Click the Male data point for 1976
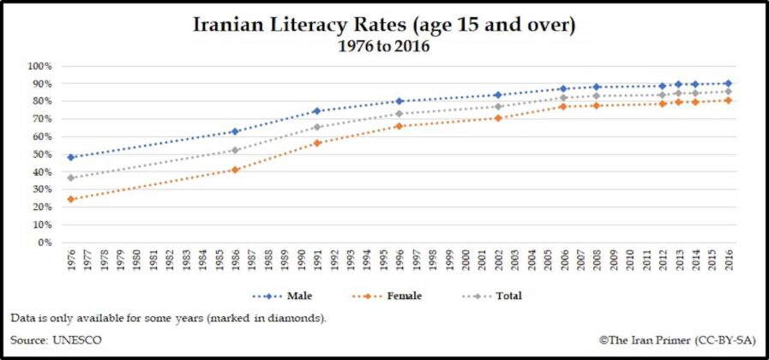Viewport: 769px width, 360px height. click(x=71, y=157)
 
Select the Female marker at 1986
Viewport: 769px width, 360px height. click(x=235, y=170)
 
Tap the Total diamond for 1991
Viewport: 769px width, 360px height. click(x=317, y=127)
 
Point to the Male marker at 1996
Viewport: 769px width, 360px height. click(x=400, y=101)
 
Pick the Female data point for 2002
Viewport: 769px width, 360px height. click(x=498, y=117)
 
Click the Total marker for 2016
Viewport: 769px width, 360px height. click(x=728, y=91)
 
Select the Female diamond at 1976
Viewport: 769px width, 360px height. click(x=71, y=199)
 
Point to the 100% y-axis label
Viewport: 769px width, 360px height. click(x=39, y=66)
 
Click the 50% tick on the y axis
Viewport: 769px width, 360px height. click(x=42, y=154)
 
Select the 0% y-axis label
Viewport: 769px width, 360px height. click(x=45, y=243)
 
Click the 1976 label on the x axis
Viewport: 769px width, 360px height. click(x=71, y=259)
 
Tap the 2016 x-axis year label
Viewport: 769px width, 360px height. click(x=728, y=259)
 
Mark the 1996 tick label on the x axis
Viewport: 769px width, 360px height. click(x=400, y=259)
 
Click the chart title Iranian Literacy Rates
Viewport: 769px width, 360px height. click(x=383, y=25)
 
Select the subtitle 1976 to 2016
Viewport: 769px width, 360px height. click(x=383, y=46)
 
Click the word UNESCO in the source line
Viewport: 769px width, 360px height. click(x=77, y=339)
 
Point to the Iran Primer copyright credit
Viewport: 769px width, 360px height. click(x=665, y=339)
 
